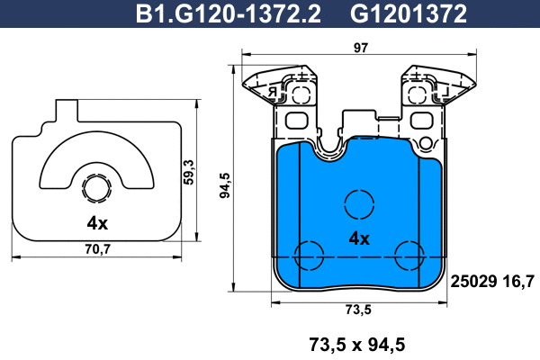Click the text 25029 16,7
click(x=491, y=282)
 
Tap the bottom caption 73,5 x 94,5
click(x=358, y=343)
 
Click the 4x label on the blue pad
click(x=358, y=238)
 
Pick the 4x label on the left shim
click(x=97, y=222)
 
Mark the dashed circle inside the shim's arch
click(x=96, y=189)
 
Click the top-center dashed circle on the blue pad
click(x=358, y=204)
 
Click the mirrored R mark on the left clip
click(x=270, y=91)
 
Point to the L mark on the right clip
click(x=443, y=91)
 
